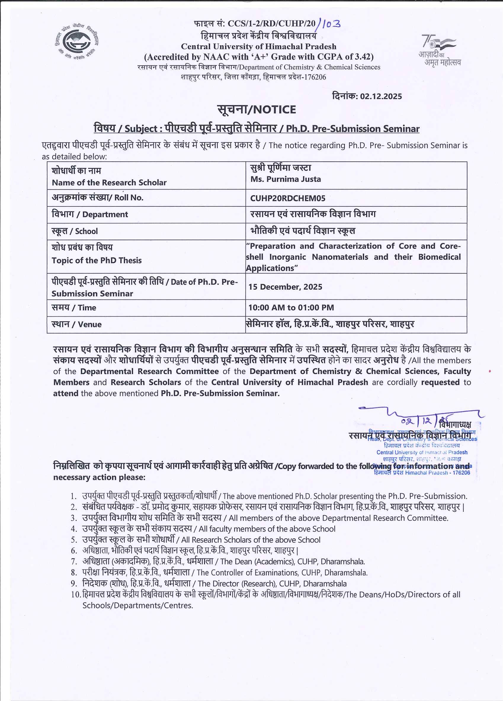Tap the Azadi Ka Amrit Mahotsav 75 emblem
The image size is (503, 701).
[x=439, y=49]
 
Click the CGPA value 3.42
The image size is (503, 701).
[x=363, y=57]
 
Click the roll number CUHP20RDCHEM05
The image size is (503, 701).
[x=288, y=198]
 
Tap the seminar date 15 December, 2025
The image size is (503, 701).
[x=285, y=287]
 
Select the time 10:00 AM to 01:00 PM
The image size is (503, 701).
[x=291, y=307]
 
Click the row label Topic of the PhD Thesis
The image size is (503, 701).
[x=97, y=260]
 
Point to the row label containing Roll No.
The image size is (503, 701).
[x=97, y=198]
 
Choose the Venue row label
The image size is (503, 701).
[x=77, y=324]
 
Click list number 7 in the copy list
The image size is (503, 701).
[x=74, y=562]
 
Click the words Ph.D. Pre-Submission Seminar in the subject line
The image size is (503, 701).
[x=353, y=129]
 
